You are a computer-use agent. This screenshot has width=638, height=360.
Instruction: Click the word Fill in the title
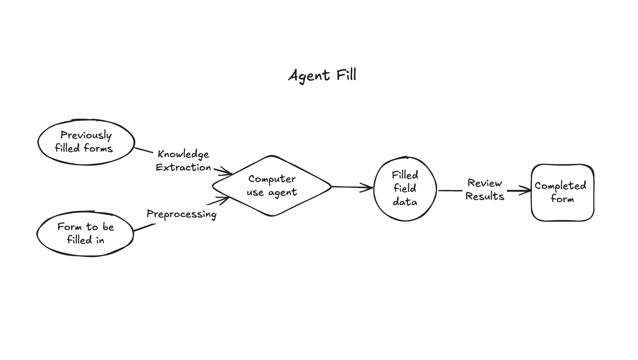pyautogui.click(x=346, y=75)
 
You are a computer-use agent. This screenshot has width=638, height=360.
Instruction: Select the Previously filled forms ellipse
pyautogui.click(x=86, y=142)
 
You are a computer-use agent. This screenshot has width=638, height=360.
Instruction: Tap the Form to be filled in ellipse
pyautogui.click(x=85, y=234)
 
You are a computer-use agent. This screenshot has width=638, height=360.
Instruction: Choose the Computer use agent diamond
pyautogui.click(x=272, y=186)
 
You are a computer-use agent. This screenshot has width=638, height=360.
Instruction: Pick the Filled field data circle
pyautogui.click(x=405, y=189)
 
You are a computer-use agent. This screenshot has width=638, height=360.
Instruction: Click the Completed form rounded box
pyautogui.click(x=562, y=193)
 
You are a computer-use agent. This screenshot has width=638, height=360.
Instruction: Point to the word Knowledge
pyautogui.click(x=183, y=154)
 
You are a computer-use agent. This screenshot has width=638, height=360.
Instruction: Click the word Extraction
pyautogui.click(x=183, y=167)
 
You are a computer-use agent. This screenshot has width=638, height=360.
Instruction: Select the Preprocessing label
pyautogui.click(x=181, y=214)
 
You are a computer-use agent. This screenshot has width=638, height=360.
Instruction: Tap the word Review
pyautogui.click(x=485, y=183)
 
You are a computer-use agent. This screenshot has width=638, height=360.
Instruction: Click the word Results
pyautogui.click(x=485, y=196)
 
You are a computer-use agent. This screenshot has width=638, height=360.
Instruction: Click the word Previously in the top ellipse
pyautogui.click(x=86, y=135)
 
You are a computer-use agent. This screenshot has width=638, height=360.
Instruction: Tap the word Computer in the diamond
pyautogui.click(x=272, y=179)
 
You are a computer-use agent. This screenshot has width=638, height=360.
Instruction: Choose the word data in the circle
pyautogui.click(x=405, y=202)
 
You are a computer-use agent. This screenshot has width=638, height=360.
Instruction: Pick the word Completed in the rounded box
pyautogui.click(x=560, y=186)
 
